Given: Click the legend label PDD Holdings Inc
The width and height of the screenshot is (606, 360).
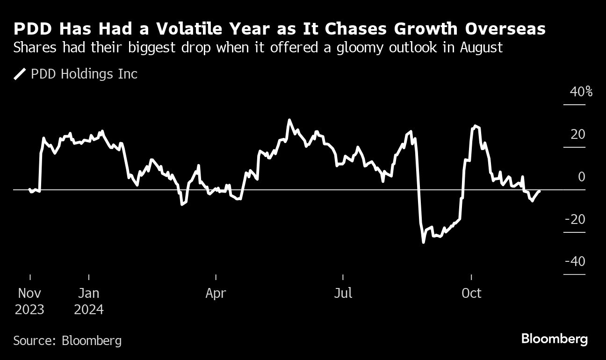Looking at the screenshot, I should (84, 74).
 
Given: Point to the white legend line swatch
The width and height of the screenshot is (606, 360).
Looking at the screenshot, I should (20, 74).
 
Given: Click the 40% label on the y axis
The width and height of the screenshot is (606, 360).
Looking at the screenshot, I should (581, 92).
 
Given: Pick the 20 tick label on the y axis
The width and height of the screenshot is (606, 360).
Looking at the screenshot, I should (578, 135).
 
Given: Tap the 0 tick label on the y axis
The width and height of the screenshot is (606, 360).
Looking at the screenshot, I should (581, 177).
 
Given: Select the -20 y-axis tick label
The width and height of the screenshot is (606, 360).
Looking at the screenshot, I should (575, 219).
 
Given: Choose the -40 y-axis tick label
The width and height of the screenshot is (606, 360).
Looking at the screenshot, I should (575, 261).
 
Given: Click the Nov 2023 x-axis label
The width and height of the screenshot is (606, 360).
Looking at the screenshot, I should (29, 301).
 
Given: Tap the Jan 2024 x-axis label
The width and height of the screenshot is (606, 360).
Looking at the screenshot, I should (88, 301).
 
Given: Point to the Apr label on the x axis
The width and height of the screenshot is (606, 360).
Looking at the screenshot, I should (216, 294).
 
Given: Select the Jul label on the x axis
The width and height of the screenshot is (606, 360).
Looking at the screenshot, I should (343, 294).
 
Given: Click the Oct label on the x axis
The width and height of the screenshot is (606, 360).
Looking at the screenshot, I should (471, 294).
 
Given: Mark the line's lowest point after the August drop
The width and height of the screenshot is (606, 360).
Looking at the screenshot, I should (424, 242).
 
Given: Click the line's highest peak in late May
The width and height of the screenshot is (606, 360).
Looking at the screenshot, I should (289, 120).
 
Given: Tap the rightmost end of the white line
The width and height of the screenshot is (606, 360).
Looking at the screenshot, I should (540, 191).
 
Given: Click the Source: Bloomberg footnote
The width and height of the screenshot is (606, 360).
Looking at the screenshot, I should (67, 340).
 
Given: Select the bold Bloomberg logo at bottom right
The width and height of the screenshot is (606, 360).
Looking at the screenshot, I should (554, 339).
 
